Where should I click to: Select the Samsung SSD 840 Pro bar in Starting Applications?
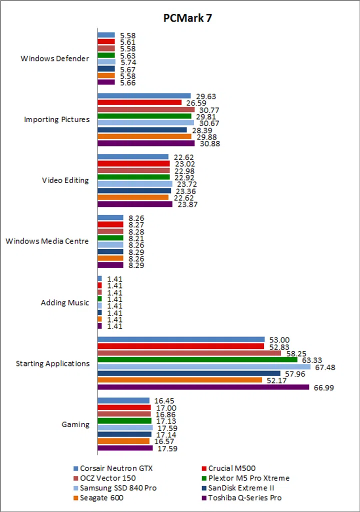click(x=203, y=366)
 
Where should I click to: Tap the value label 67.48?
click(x=324, y=367)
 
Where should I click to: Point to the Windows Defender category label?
click(x=54, y=58)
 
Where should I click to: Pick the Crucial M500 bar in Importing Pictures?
click(x=139, y=102)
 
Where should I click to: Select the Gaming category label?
click(x=75, y=424)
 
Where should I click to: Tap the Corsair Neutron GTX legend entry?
click(x=115, y=468)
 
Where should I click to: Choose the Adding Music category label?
click(x=65, y=302)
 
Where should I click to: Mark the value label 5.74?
click(x=128, y=62)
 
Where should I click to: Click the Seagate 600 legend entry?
click(x=101, y=497)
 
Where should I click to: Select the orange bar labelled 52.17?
click(x=179, y=380)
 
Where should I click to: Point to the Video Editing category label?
click(x=65, y=180)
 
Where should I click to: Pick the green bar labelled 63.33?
click(x=197, y=359)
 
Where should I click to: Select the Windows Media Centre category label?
click(x=47, y=241)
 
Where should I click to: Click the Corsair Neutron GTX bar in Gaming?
click(x=123, y=400)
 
